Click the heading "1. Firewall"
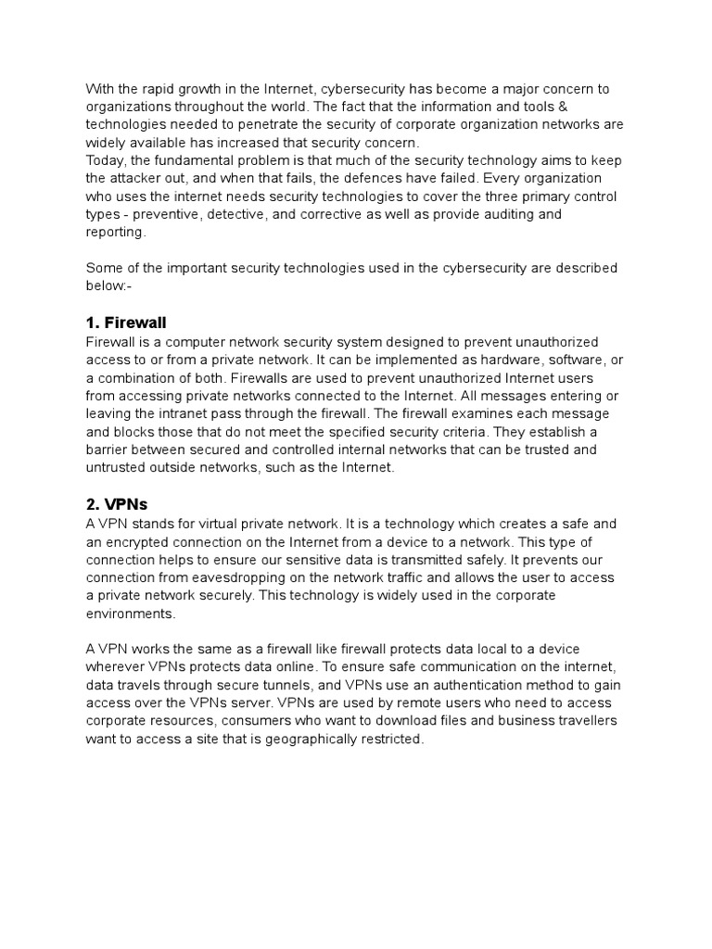pos(126,323)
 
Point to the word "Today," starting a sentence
pos(107,160)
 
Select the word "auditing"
pos(532,214)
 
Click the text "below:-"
pos(108,286)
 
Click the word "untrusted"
pos(119,468)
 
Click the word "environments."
pos(130,614)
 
